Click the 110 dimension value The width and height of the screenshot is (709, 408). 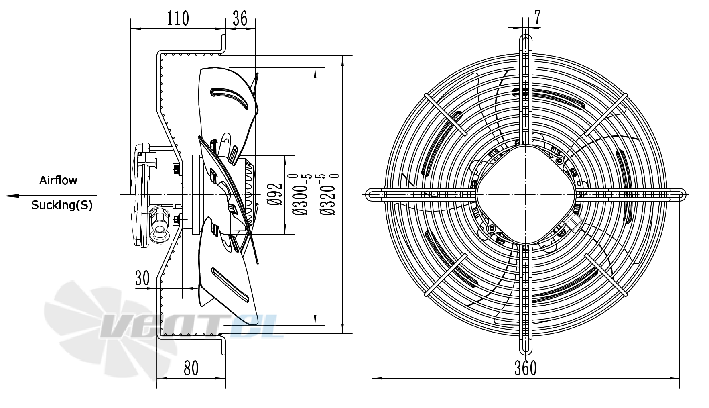pos(178,18)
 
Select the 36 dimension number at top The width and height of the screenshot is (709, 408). pos(240,18)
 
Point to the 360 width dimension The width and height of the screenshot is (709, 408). pos(526,368)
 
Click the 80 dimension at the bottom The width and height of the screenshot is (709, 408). pos(191,368)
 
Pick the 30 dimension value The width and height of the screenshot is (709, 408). pos(142,278)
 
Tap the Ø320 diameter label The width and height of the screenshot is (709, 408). pos(329,195)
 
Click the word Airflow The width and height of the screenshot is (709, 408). pos(58,180)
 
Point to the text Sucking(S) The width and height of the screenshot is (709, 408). pos(62,205)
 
